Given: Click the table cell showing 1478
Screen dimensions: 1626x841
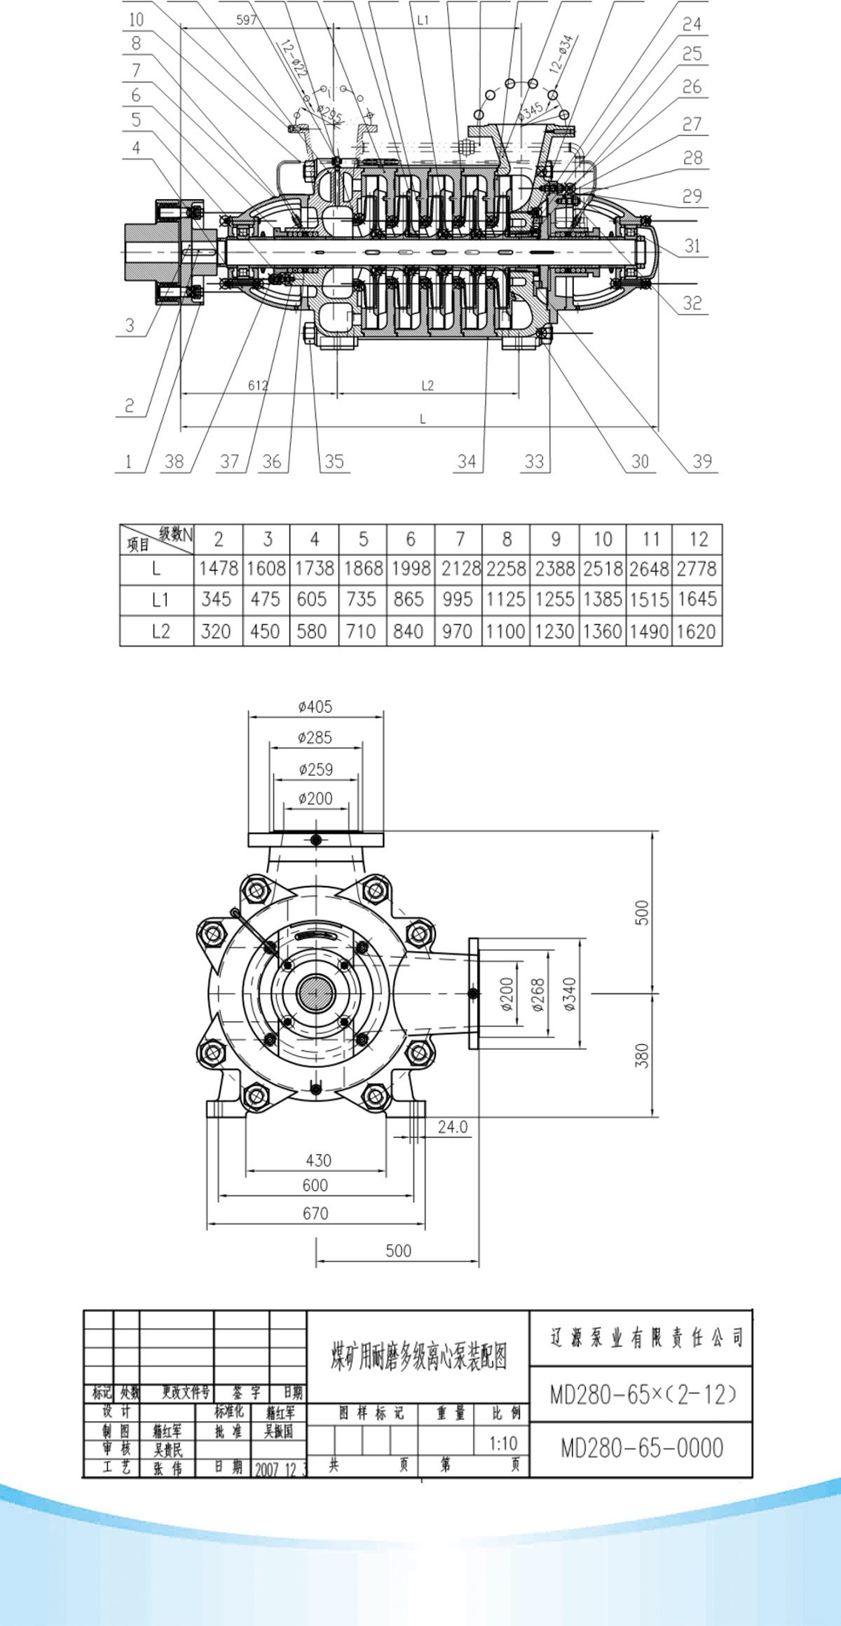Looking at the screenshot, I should tap(219, 568).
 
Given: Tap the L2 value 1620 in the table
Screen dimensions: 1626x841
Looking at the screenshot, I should tap(697, 631).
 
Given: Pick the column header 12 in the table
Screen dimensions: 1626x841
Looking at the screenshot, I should tap(698, 539).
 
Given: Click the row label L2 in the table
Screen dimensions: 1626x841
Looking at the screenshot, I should tap(160, 631).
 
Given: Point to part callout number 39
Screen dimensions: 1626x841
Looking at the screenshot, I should tap(702, 461).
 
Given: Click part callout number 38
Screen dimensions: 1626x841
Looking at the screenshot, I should tap(174, 461).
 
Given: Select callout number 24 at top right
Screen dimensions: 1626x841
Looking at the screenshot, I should tap(692, 25).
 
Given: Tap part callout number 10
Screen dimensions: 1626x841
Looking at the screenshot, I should tap(136, 20).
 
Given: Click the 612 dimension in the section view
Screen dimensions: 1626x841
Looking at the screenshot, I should tap(258, 385).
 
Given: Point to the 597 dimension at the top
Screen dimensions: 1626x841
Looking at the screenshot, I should tap(247, 20).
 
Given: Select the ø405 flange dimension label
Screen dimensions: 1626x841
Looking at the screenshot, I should tap(315, 707).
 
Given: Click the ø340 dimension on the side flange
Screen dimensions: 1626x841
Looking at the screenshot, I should tap(570, 994).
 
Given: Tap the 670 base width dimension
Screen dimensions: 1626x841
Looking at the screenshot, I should tap(315, 1213).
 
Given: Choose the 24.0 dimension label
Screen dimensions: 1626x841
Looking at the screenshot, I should tap(452, 1127).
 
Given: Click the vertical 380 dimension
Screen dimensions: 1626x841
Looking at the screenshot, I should tap(642, 1055).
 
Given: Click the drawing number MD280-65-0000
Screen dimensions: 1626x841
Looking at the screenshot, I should tap(641, 1447).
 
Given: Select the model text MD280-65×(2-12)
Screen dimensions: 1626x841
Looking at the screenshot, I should tap(641, 1395).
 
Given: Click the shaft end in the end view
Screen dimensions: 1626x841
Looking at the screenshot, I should tap(316, 992).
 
